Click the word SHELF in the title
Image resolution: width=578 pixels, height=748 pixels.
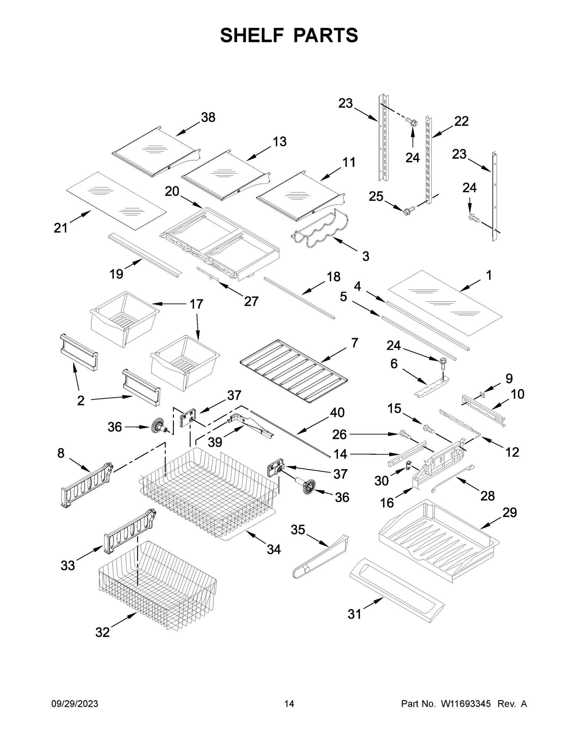coord(252,35)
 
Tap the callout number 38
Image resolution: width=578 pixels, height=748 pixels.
coord(208,117)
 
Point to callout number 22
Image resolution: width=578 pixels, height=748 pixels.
coord(461,121)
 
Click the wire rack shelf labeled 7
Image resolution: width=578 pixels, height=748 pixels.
coord(294,371)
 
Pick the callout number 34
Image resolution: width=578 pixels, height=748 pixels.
coord(274,549)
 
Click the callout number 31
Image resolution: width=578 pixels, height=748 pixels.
coord(354,614)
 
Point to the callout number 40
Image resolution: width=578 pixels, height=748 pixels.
coord(337,412)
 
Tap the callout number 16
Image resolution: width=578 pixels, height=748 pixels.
coord(387,503)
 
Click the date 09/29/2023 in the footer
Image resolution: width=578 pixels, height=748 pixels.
coord(75,703)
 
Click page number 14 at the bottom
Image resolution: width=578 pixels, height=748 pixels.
coord(289,703)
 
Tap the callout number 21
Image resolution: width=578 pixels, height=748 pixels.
coord(61,228)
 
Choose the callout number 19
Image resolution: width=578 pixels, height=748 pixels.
coord(116,274)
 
